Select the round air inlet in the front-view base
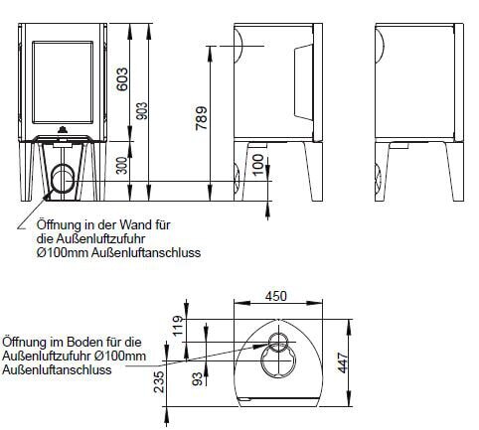[64, 180]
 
